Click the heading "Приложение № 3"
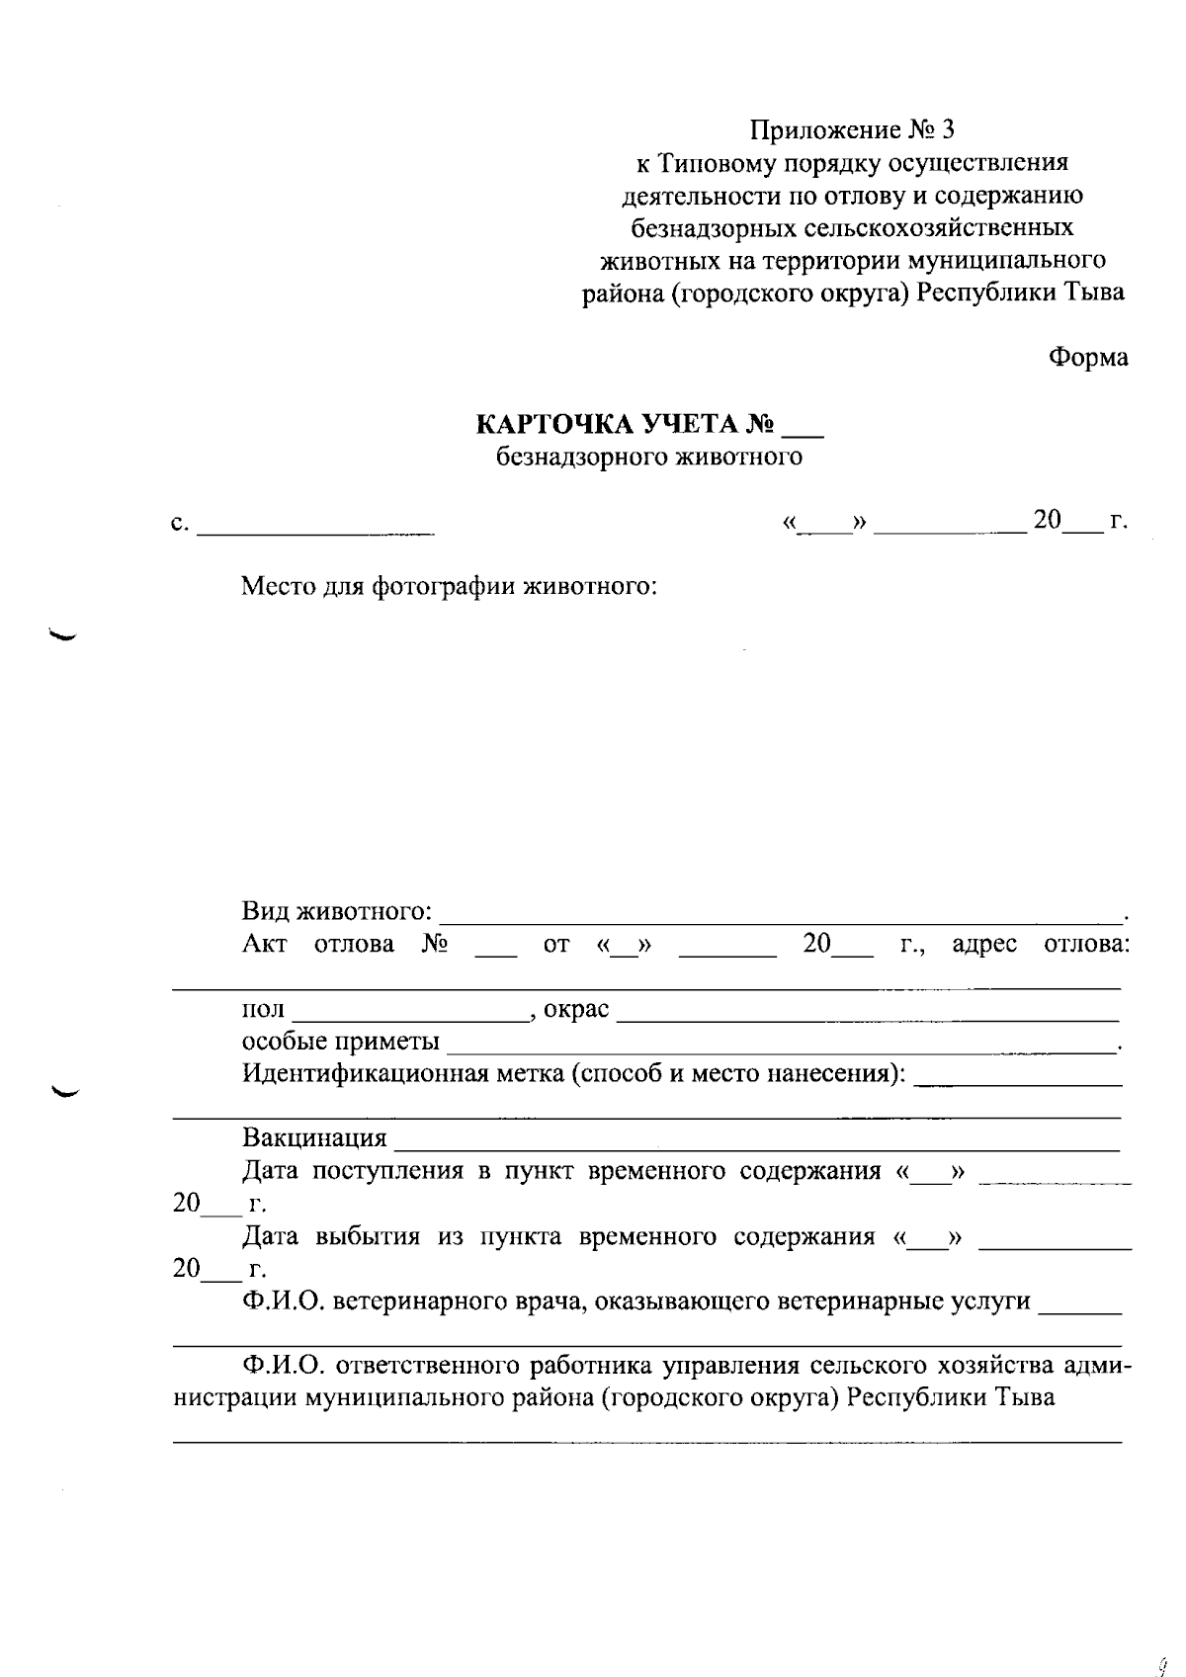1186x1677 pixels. tap(852, 130)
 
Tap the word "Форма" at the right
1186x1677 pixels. tap(1087, 358)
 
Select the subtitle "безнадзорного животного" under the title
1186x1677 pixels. tap(648, 457)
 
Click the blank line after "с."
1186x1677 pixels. tap(315, 531)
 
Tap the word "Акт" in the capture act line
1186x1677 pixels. tap(264, 944)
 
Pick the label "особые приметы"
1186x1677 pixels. tap(341, 1042)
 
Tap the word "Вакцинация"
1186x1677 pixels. tap(314, 1138)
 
